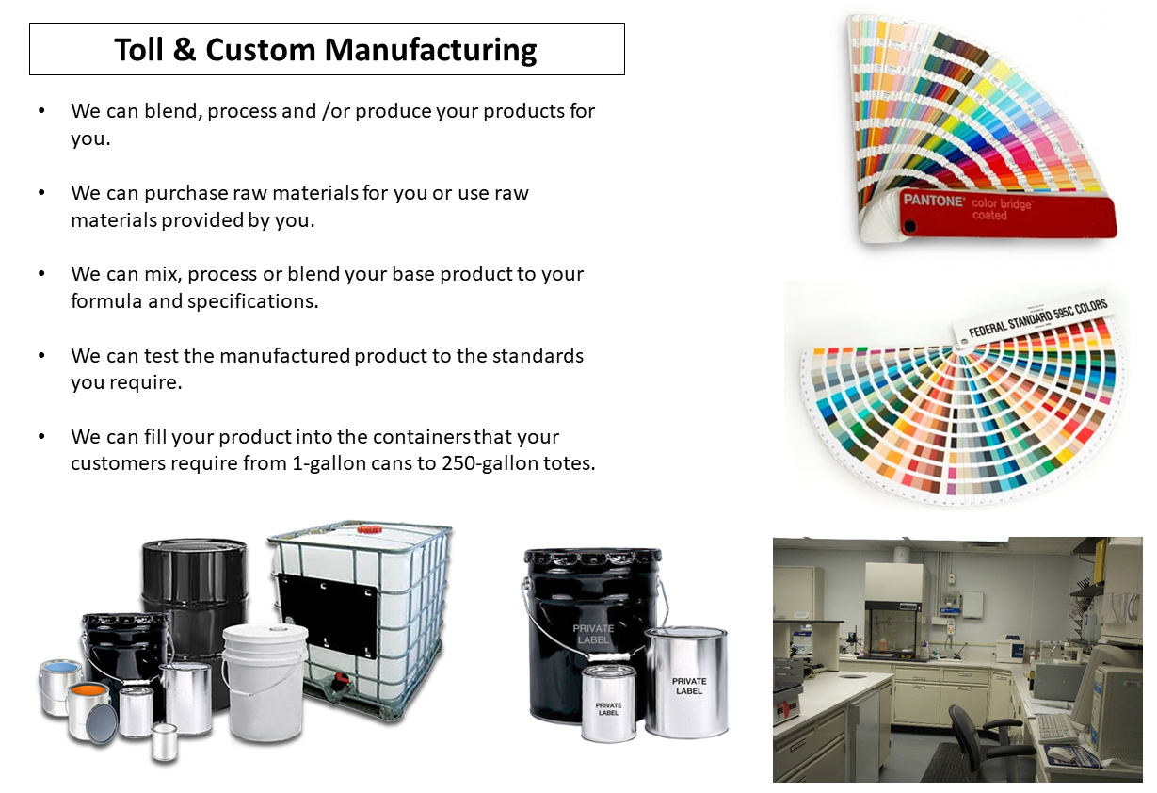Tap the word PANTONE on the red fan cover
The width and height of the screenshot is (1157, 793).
(x=932, y=201)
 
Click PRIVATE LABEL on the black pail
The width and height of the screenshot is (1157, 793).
(x=593, y=634)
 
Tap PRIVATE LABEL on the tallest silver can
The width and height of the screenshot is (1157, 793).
(x=688, y=685)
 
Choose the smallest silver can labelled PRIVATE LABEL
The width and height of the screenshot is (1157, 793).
(x=608, y=709)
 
